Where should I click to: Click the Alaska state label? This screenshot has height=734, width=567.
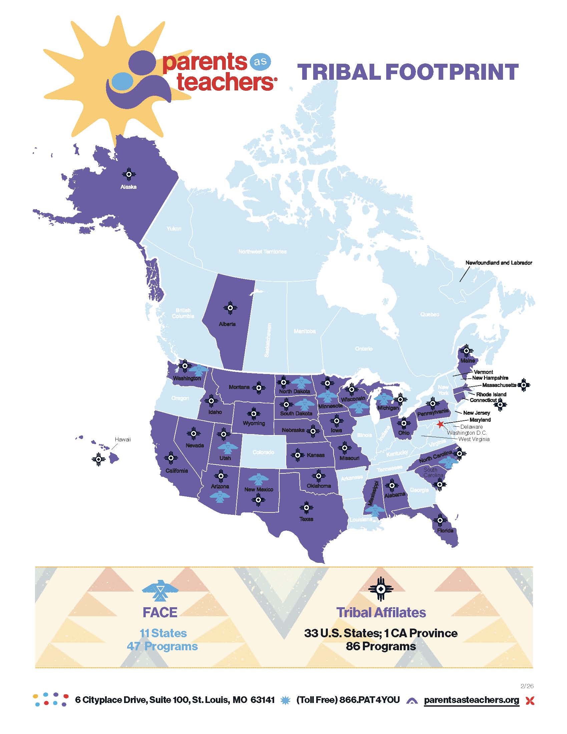[x=128, y=187]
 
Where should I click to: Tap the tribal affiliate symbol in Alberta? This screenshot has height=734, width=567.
[x=230, y=308]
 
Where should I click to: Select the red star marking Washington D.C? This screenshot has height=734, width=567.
[x=440, y=424]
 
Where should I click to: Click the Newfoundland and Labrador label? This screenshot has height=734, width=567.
[x=499, y=263]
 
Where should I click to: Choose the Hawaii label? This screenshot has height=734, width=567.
[x=123, y=439]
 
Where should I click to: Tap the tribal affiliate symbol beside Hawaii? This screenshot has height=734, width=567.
[x=98, y=459]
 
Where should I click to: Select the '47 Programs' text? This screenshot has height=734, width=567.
[x=162, y=646]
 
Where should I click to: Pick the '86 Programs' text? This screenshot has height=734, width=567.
[x=381, y=646]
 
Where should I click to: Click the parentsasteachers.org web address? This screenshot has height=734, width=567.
[x=471, y=700]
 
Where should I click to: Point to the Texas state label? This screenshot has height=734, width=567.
[x=306, y=519]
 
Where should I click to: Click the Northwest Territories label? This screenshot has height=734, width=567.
[x=262, y=251]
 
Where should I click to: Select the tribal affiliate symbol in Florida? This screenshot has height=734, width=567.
[x=440, y=520]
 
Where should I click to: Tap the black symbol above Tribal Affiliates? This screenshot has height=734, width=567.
[x=381, y=589]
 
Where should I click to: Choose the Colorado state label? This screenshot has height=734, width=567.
[x=263, y=452]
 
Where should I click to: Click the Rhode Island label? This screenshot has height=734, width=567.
[x=491, y=394]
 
